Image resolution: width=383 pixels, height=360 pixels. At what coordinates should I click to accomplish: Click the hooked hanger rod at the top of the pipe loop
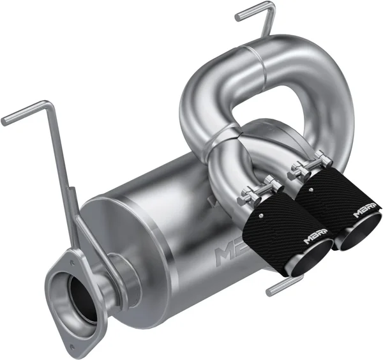tap(255, 13)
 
